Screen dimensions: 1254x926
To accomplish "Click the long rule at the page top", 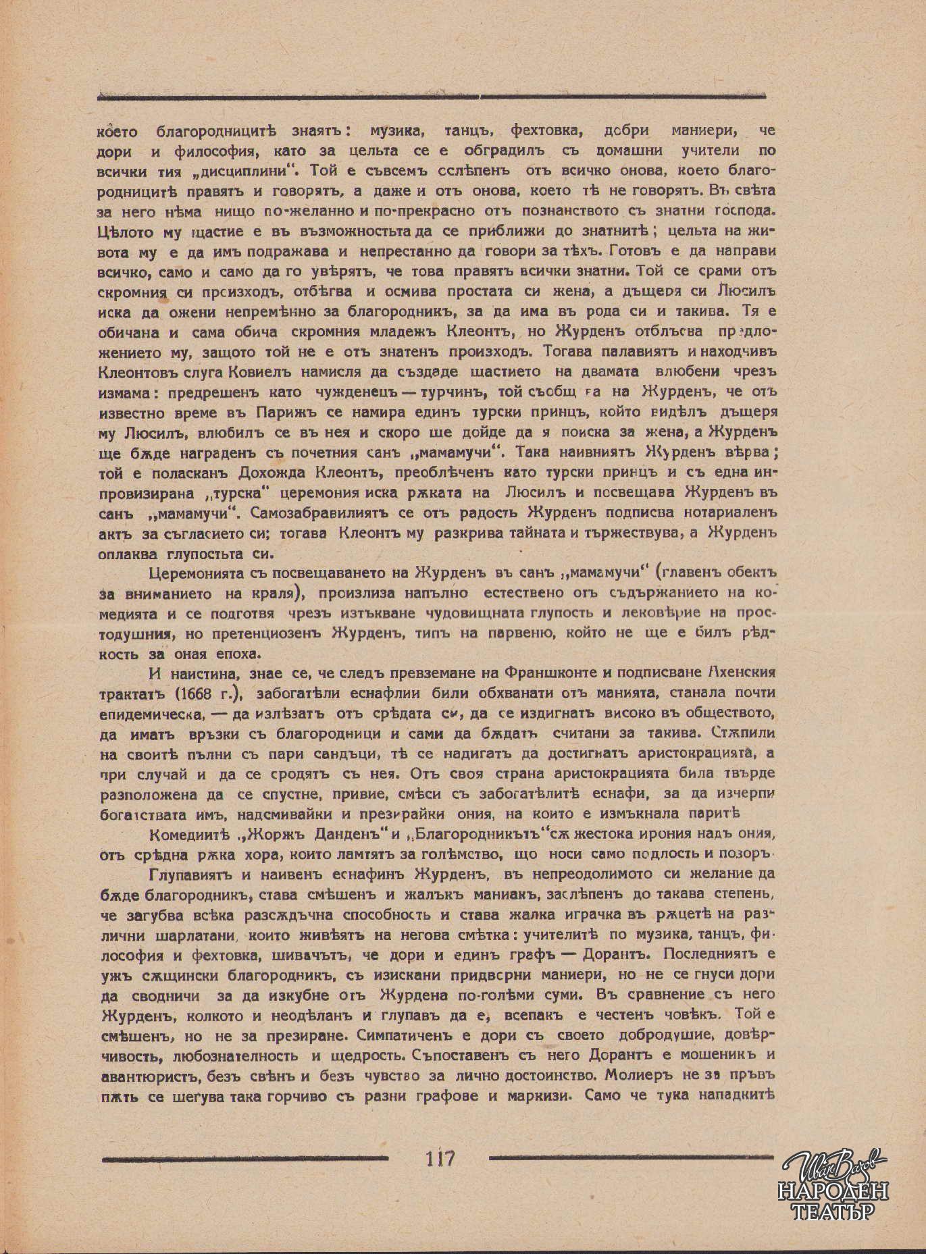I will pyautogui.click(x=432, y=97).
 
